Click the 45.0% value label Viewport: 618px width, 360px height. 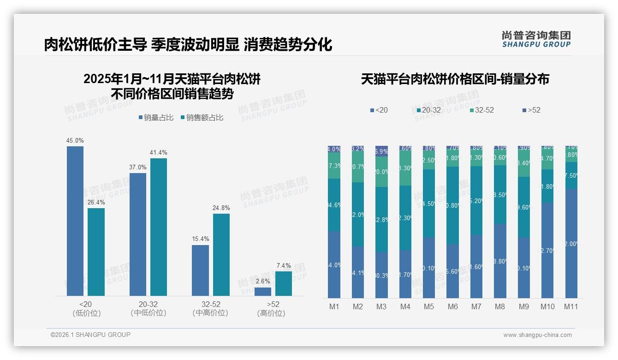coord(75,140)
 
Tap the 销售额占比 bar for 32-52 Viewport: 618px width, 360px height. coord(221,254)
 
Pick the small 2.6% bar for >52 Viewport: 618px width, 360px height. coord(263,292)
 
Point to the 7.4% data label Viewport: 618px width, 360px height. coord(284,265)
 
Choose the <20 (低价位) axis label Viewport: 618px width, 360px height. coord(86,309)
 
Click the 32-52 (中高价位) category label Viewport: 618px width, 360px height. coord(210,309)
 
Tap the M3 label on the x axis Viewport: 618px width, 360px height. coord(381,306)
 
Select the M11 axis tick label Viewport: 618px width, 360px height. coord(571,306)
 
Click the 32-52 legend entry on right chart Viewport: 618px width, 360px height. coord(481,110)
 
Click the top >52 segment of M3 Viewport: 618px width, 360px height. coord(381,151)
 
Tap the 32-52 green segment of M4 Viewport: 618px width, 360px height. coord(405,168)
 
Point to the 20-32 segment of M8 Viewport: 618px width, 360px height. coord(500,194)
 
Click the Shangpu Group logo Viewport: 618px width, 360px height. coord(536,39)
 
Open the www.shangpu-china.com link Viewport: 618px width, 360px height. coord(537,335)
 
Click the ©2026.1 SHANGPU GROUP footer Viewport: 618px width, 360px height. coord(90,335)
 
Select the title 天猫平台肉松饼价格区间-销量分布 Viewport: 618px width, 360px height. coord(455,79)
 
